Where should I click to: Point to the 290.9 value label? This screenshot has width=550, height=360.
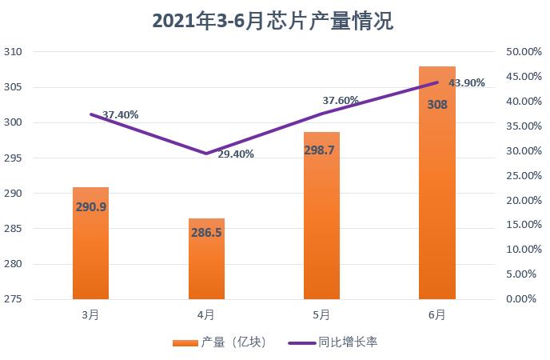click(90, 206)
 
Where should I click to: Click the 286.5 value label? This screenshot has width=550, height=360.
click(206, 234)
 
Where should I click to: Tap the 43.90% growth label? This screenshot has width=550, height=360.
click(467, 83)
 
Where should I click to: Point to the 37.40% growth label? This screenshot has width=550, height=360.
click(121, 114)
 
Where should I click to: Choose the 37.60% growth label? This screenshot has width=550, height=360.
click(340, 101)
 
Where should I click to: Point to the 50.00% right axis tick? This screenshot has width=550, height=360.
click(524, 52)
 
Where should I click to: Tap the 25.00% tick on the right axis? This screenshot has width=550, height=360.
click(524, 175)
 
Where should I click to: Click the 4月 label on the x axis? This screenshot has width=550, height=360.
click(205, 315)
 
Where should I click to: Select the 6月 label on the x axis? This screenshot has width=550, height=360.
click(436, 315)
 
